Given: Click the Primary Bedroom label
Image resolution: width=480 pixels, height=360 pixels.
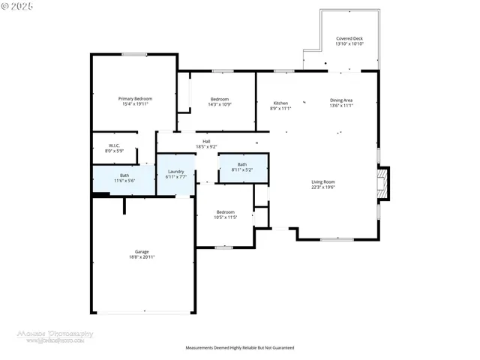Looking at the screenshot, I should tap(135, 98).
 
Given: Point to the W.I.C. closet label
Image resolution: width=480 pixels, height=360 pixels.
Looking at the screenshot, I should tap(115, 145).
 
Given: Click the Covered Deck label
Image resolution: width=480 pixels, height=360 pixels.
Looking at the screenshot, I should tap(349, 37).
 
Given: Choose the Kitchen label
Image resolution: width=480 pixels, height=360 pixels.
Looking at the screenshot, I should tap(280, 103).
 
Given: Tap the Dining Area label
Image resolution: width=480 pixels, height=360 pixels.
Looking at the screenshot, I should tap(341, 100).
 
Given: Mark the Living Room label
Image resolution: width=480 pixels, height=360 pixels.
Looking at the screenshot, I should tap(323, 181).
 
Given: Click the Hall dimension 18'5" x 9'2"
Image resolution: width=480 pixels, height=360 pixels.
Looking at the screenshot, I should tap(206, 146).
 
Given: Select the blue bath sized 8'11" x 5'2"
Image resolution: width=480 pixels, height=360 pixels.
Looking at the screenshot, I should tap(242, 167).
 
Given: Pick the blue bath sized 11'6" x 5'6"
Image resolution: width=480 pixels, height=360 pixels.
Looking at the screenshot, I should tap(124, 178).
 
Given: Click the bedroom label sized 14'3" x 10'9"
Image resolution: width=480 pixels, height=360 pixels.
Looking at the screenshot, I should tap(219, 100).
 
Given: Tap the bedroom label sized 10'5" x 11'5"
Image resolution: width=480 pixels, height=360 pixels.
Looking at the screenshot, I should tap(225, 211).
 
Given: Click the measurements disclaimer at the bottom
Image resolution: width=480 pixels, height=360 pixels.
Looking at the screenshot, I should tap(240, 348).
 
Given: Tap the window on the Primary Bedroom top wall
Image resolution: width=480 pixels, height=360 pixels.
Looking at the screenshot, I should tap(134, 54).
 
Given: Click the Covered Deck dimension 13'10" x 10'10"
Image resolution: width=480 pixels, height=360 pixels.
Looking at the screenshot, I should tap(349, 44).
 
